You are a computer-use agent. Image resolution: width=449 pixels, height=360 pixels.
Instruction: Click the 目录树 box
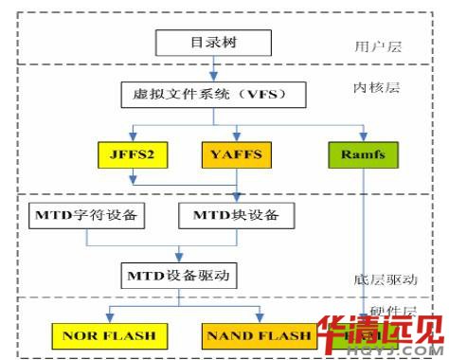[213, 43]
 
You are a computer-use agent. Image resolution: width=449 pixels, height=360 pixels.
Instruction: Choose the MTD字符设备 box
[87, 215]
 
